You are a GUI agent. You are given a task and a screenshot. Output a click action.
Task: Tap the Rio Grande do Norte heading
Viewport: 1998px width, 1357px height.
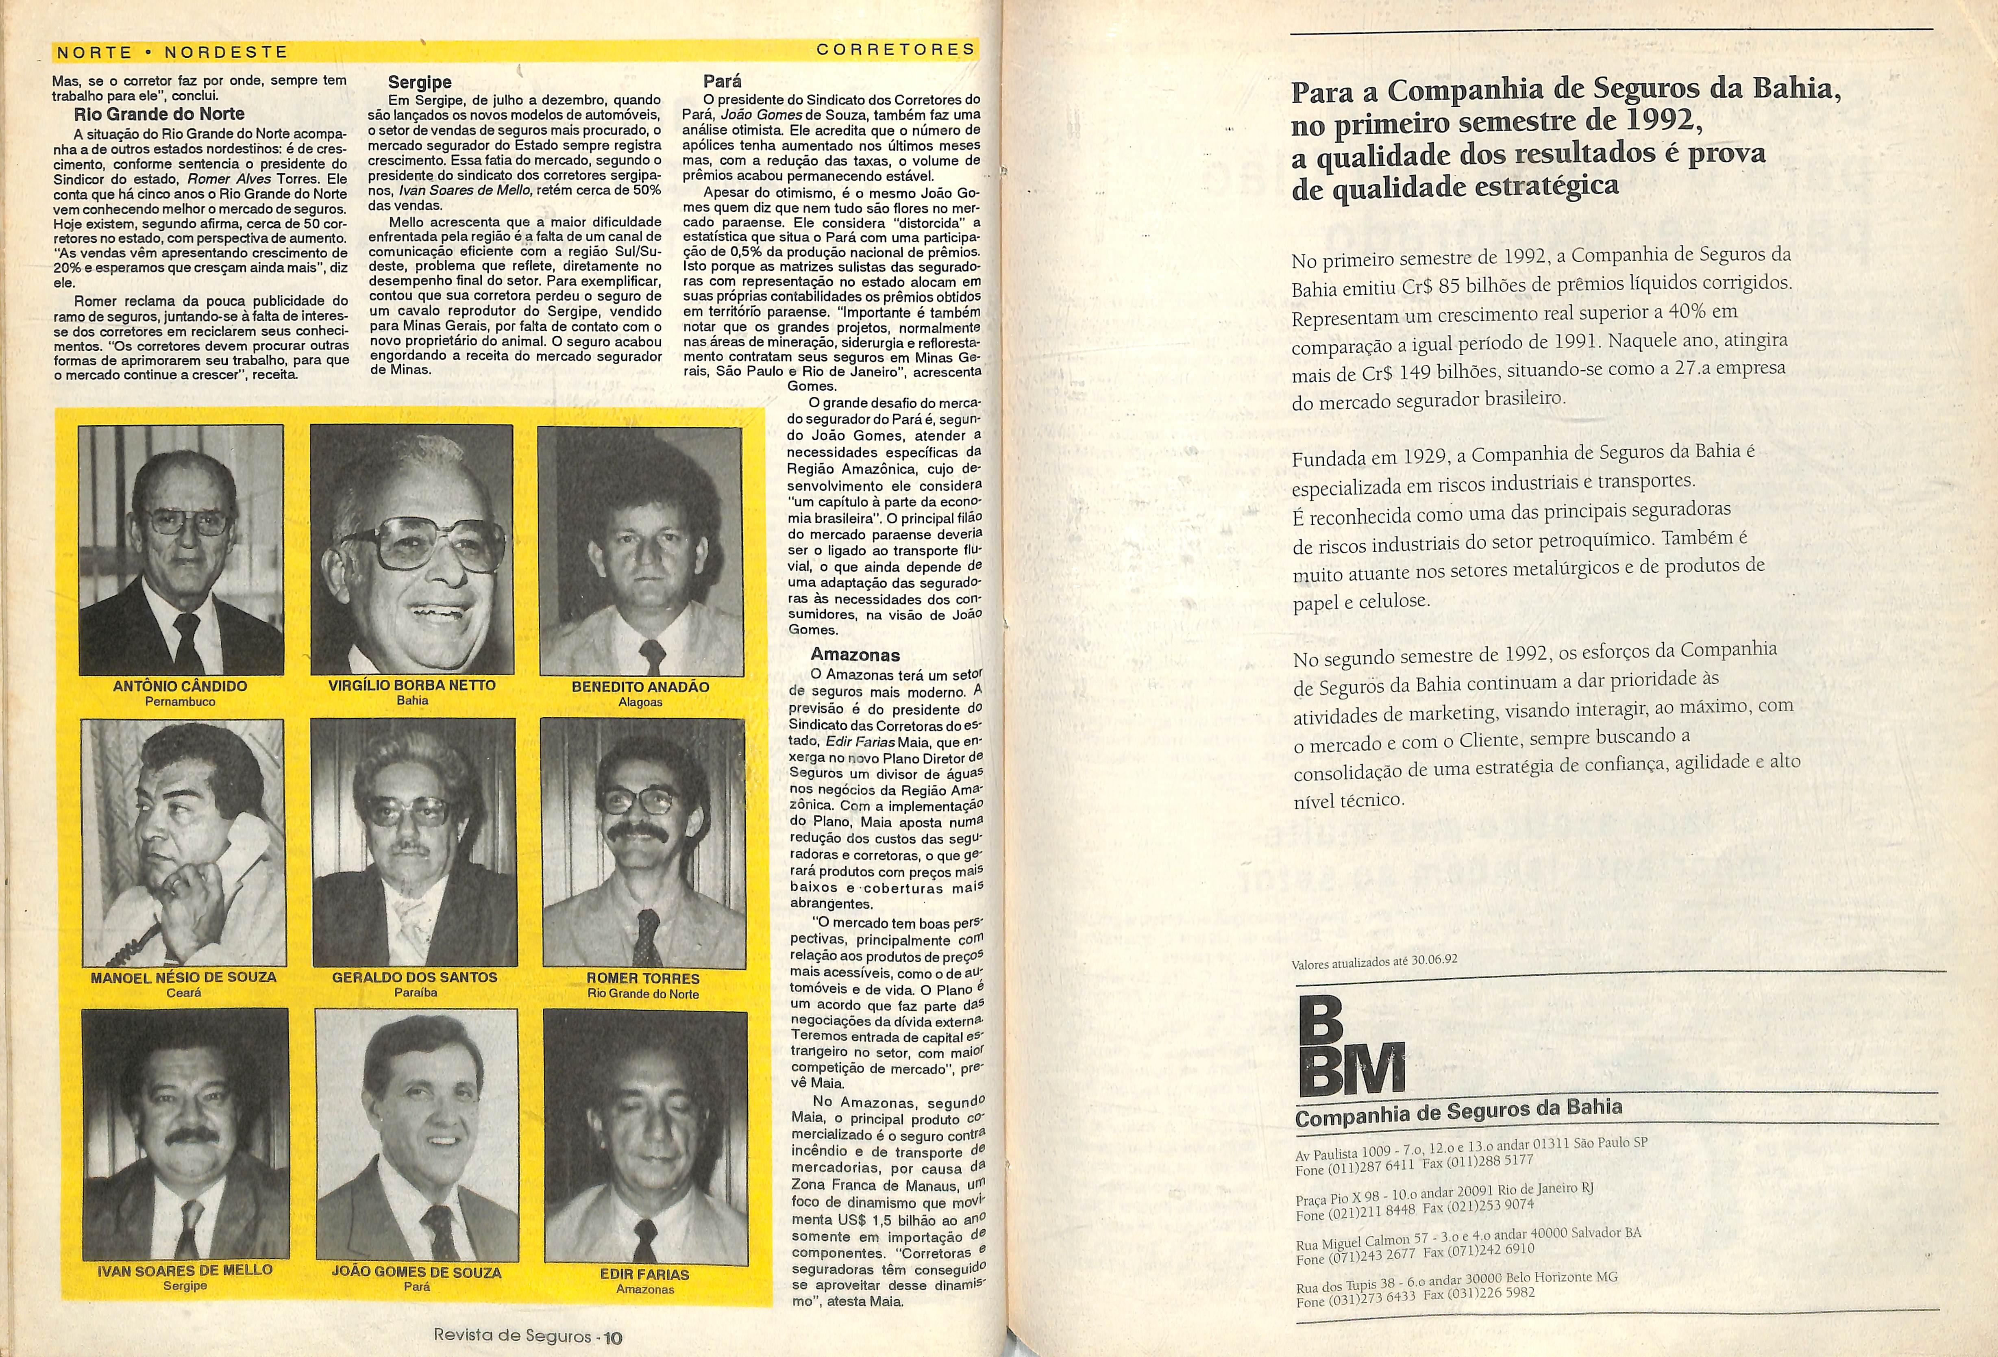[159, 114]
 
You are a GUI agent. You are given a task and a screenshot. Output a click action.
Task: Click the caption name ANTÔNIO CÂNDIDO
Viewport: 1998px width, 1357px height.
[180, 686]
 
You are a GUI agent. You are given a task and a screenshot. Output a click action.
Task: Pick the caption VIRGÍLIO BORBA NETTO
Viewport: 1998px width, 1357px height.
[412, 685]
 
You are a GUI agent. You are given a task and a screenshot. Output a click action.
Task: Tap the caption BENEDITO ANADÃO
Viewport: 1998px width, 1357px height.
[640, 687]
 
